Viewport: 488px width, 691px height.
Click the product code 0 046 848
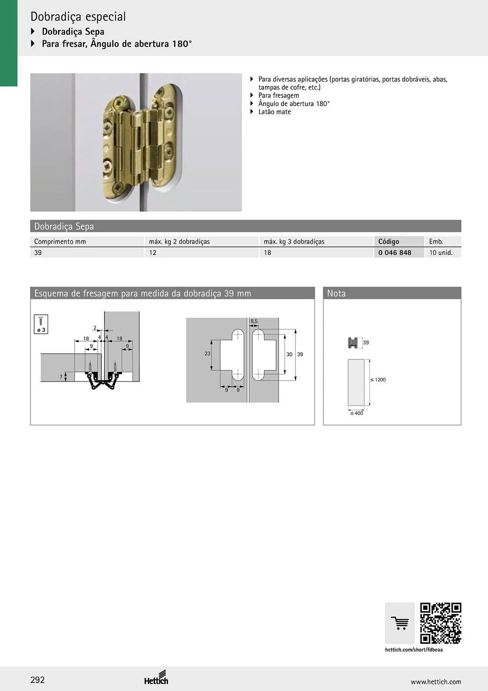[394, 253]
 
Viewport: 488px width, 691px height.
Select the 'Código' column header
[389, 242]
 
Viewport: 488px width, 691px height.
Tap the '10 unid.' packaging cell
[441, 253]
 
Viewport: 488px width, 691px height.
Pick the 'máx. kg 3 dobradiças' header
[294, 242]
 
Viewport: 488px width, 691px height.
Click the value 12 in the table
[153, 253]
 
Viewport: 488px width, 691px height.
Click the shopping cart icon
[400, 623]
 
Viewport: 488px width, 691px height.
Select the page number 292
[38, 680]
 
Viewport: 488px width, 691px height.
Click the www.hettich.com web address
[436, 682]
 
